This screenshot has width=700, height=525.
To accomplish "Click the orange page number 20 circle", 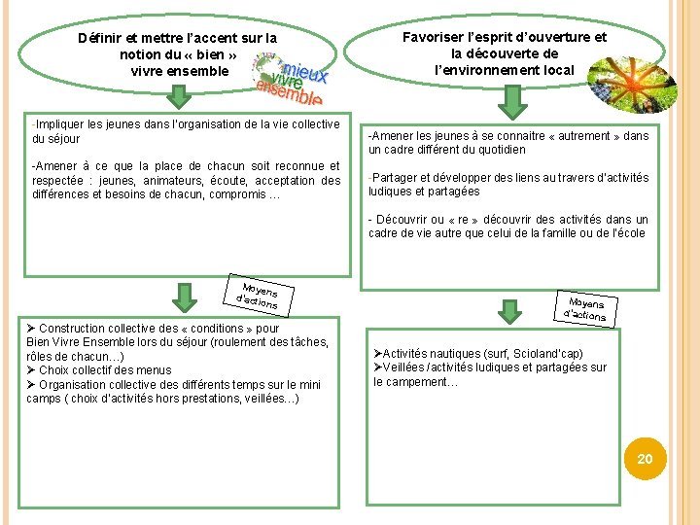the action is point(645,459).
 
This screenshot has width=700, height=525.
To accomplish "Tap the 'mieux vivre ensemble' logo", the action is point(290,79).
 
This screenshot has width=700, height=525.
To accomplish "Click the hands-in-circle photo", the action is point(632,85).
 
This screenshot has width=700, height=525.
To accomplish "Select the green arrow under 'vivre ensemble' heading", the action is point(179,96).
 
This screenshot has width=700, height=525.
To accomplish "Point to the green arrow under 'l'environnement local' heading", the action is point(512,103).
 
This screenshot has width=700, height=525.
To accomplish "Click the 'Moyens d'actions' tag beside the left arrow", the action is point(259,296).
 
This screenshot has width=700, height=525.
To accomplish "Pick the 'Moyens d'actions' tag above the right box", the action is point(585,309).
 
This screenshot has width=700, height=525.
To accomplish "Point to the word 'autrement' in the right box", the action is point(584,136).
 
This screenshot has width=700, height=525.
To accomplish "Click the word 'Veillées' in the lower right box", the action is point(403,367).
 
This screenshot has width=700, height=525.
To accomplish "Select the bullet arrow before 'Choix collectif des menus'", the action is point(31,370).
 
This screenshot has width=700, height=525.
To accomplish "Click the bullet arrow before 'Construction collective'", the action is point(31,329).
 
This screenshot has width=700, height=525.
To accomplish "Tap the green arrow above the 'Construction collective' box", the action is point(185,297).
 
